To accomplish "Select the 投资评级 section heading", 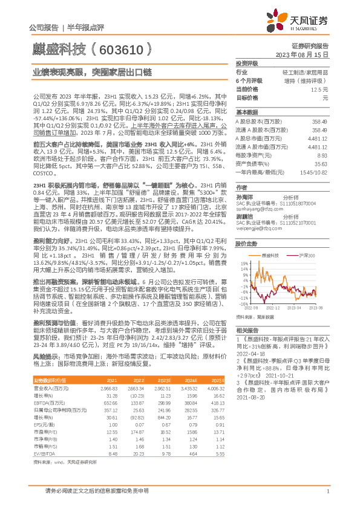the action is coord(246,63).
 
